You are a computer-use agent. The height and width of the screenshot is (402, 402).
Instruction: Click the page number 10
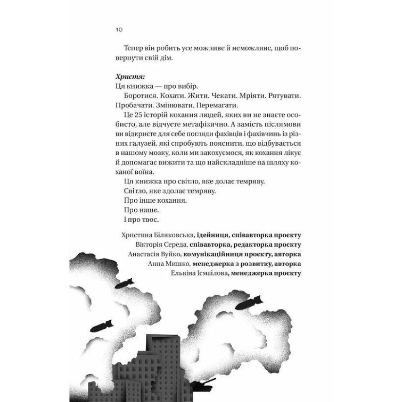point(119,29)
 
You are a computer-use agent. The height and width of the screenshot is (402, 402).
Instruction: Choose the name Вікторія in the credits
point(148,244)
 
